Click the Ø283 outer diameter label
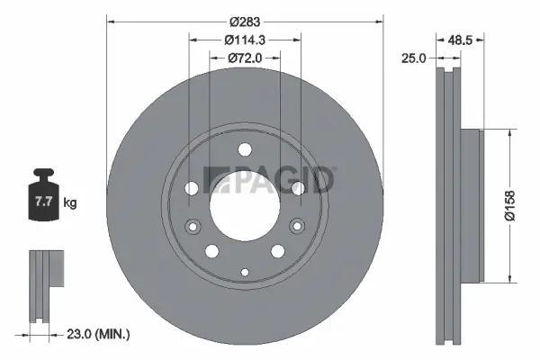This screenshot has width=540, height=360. [x=245, y=21]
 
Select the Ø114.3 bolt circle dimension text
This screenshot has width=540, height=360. [x=245, y=39]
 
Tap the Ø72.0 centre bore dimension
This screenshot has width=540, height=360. [x=244, y=58]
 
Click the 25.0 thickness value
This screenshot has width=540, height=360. [x=415, y=58]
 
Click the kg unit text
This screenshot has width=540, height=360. [x=69, y=203]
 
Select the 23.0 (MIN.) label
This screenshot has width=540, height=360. [x=99, y=334]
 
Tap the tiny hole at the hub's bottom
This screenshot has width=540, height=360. [x=245, y=269]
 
